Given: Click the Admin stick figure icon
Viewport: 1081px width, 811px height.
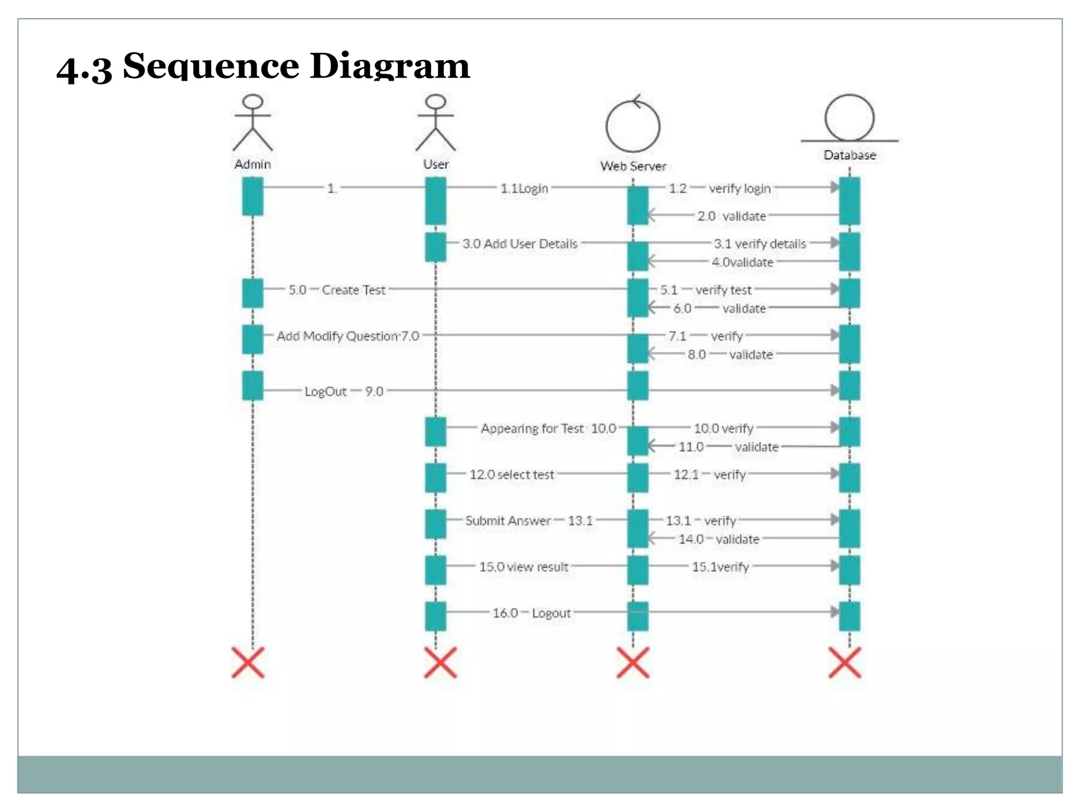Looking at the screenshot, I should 253,123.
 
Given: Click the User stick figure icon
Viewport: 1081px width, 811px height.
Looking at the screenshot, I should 435,123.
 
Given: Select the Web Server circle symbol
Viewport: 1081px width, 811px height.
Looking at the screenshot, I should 633,126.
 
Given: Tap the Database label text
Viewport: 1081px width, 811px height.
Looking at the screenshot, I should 849,155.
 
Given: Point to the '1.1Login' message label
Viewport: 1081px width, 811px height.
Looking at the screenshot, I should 524,188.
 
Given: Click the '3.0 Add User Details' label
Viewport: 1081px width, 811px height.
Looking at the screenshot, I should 520,244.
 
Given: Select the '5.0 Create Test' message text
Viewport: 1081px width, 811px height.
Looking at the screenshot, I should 337,290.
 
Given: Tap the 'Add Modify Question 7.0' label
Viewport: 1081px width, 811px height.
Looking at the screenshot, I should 348,336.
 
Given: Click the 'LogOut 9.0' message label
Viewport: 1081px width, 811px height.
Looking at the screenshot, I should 344,392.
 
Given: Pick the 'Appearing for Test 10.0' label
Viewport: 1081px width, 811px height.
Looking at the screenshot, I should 548,428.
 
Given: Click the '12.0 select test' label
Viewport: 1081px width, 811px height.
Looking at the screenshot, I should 511,475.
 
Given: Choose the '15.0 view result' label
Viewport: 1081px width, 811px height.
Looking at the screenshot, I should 524,567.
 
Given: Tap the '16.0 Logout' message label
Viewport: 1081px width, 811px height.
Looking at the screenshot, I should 532,613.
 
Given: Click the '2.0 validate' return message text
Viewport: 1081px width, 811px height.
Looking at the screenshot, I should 731,216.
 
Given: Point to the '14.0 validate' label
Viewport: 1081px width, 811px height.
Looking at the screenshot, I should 719,539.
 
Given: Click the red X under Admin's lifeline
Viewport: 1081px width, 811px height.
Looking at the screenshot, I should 248,663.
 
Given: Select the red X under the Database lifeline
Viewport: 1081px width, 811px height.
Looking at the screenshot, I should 845,663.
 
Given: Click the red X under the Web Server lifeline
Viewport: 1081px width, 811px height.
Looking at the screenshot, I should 633,663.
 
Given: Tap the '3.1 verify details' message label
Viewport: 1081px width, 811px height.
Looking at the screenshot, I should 760,244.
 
